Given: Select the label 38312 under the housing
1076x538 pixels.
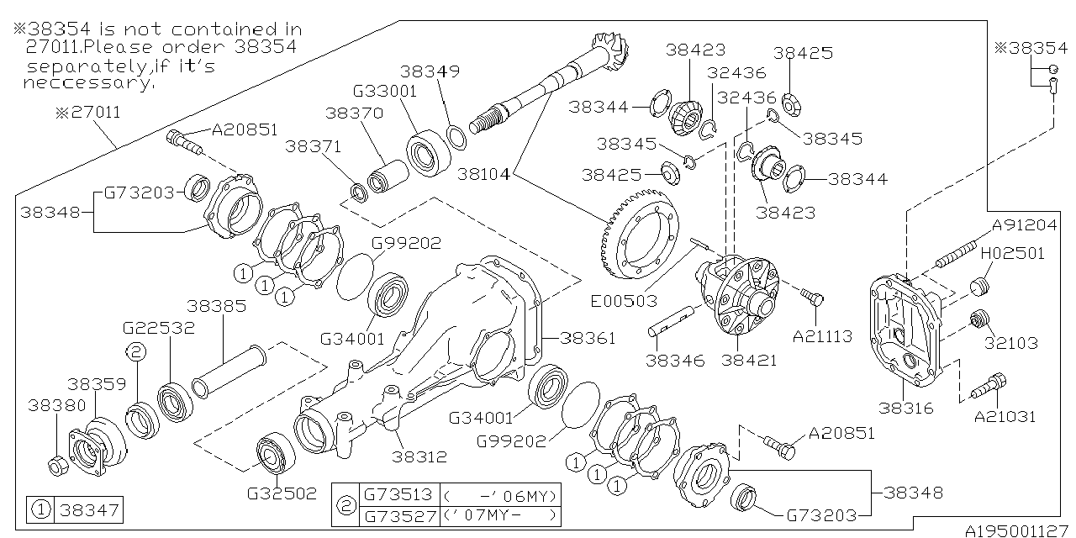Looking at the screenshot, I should pos(419,456).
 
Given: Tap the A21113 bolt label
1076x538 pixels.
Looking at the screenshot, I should pos(822,336).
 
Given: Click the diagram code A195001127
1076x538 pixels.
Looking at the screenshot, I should pos(1018,530).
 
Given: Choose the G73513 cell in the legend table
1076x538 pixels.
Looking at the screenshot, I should pos(396,495).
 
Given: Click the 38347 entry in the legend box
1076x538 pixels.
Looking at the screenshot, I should pos(87,509).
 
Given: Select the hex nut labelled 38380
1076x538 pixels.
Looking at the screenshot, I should pos(56,463).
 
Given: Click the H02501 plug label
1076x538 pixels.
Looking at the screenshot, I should pos(1012,253).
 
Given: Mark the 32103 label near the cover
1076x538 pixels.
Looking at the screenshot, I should pos(1012,343).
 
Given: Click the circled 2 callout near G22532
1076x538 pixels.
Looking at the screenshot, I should pos(135,351).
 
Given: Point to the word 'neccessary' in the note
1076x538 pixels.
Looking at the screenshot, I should pos(88,83).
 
